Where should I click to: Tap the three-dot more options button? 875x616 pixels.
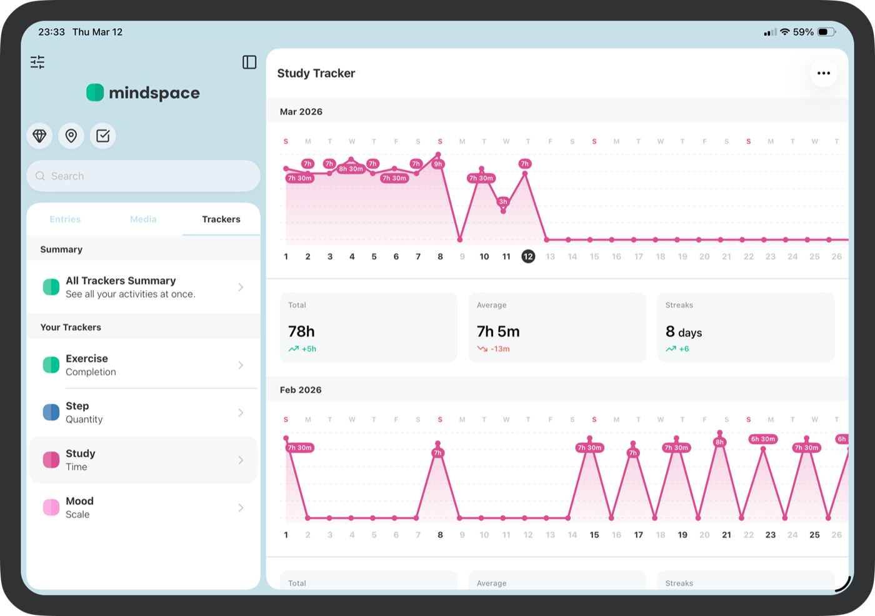[x=824, y=73]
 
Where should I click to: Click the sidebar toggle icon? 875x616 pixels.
[x=249, y=62]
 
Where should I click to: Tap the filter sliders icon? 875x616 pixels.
[x=37, y=62]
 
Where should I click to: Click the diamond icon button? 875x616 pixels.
[x=39, y=136]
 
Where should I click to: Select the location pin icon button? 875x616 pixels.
[x=71, y=136]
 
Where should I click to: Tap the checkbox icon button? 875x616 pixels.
[x=103, y=136]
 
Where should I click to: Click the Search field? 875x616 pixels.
[x=143, y=176]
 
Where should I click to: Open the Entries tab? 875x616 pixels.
[x=65, y=220]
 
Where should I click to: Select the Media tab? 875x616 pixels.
[x=143, y=220]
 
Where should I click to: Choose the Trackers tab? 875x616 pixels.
[x=221, y=220]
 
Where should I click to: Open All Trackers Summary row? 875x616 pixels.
[x=143, y=287]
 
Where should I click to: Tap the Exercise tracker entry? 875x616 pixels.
[x=143, y=365]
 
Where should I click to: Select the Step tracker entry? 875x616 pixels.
[x=143, y=413]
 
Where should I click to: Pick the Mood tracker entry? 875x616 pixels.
[x=143, y=508]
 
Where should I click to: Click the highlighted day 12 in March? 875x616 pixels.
[x=528, y=256]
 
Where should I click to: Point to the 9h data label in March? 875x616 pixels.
[x=438, y=164]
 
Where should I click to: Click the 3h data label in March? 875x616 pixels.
[x=503, y=201]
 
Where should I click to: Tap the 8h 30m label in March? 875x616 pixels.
[x=351, y=169]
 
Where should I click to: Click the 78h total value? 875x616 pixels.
[x=301, y=331]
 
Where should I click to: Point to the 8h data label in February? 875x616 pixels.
[x=720, y=442]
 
